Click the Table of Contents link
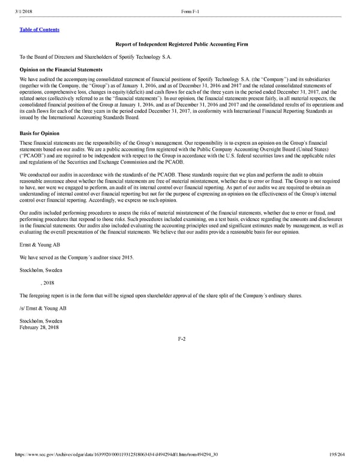pos(40,29)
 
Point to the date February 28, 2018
pos(39,327)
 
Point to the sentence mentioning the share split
pos(158,295)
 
